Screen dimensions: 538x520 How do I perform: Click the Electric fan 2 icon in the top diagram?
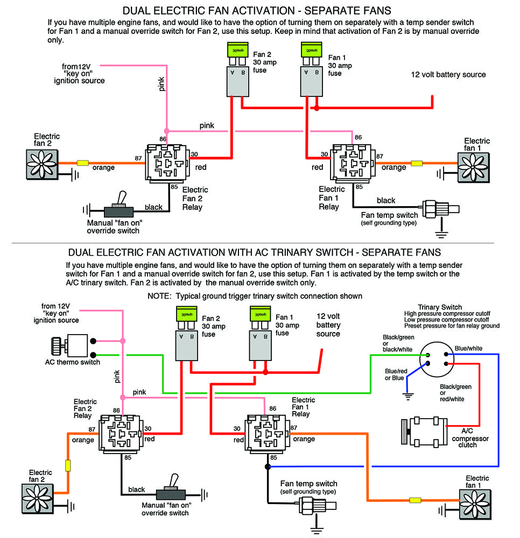tap(41, 164)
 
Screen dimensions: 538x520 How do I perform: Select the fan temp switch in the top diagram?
tap(438, 209)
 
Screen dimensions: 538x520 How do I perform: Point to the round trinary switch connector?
tap(437, 360)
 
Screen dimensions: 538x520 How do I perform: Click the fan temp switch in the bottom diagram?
tap(317, 505)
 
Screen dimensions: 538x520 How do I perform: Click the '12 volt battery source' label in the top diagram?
tap(448, 75)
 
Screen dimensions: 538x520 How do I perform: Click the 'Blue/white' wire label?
tap(468, 348)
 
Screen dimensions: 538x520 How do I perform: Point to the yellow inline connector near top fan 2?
tap(83, 162)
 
